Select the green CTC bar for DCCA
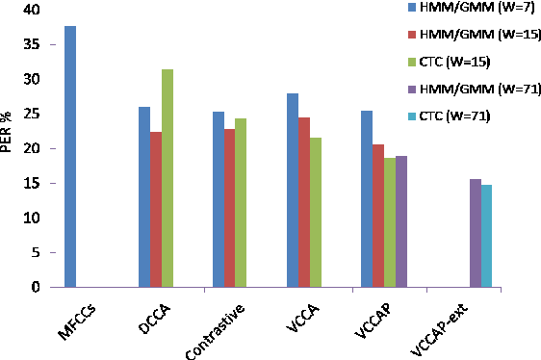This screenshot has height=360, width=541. [167, 178]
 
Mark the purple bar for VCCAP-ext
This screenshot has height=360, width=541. [475, 233]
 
